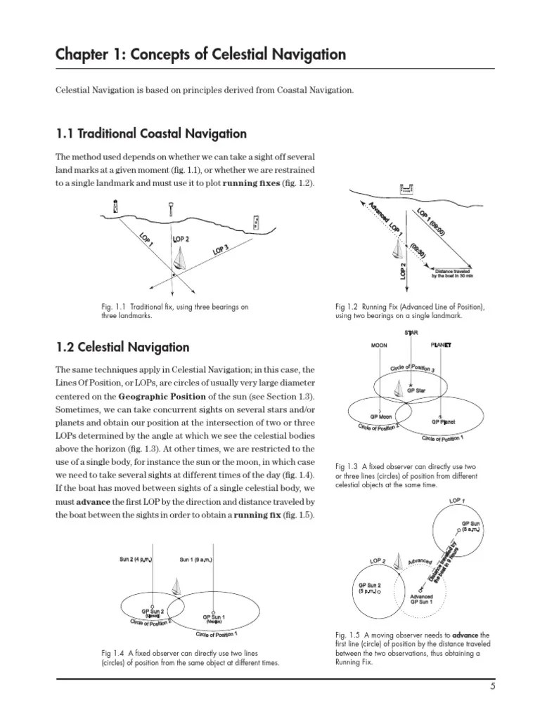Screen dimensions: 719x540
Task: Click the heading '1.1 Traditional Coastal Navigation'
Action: click(151, 133)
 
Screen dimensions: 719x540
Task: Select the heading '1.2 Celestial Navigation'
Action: click(123, 347)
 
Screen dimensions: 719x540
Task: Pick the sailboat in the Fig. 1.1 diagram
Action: click(181, 259)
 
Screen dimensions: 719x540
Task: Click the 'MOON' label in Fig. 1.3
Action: click(380, 345)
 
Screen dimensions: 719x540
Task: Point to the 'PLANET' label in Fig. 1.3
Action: click(441, 345)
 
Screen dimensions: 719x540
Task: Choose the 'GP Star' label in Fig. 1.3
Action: click(416, 390)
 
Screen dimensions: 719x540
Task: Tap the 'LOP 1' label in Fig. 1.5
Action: click(457, 501)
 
